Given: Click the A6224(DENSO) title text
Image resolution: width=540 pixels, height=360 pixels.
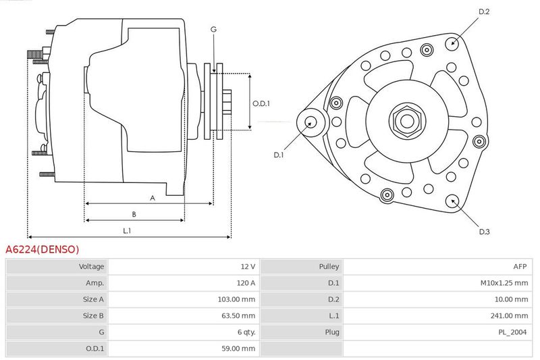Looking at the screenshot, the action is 42,249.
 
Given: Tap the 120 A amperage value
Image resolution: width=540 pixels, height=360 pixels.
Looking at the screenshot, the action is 246,283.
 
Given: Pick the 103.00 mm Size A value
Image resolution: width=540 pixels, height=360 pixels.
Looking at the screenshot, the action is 236,299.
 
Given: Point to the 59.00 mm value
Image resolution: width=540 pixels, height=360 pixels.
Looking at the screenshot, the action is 238,349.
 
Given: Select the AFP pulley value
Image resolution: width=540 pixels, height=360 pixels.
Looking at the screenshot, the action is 520,266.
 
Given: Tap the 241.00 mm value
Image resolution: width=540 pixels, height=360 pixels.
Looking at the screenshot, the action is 509,315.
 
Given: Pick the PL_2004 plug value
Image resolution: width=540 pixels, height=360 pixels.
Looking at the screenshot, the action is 512,332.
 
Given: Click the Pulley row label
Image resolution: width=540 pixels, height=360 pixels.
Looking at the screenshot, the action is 329,266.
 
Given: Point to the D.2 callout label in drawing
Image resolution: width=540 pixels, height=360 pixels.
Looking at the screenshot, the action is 484,11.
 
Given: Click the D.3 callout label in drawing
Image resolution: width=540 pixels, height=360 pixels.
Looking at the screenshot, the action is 484,232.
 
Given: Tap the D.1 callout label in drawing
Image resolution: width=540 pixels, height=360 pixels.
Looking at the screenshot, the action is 278,155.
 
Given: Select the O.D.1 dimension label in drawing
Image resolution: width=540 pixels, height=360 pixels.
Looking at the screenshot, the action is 261,103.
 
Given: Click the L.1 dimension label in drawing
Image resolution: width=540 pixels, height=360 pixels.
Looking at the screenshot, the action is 127,231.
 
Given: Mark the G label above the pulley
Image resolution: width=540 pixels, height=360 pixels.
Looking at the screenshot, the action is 213,30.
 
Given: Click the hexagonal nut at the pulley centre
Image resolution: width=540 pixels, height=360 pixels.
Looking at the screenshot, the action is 408,121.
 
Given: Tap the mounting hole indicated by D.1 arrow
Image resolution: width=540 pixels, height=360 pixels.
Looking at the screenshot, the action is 310,122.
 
